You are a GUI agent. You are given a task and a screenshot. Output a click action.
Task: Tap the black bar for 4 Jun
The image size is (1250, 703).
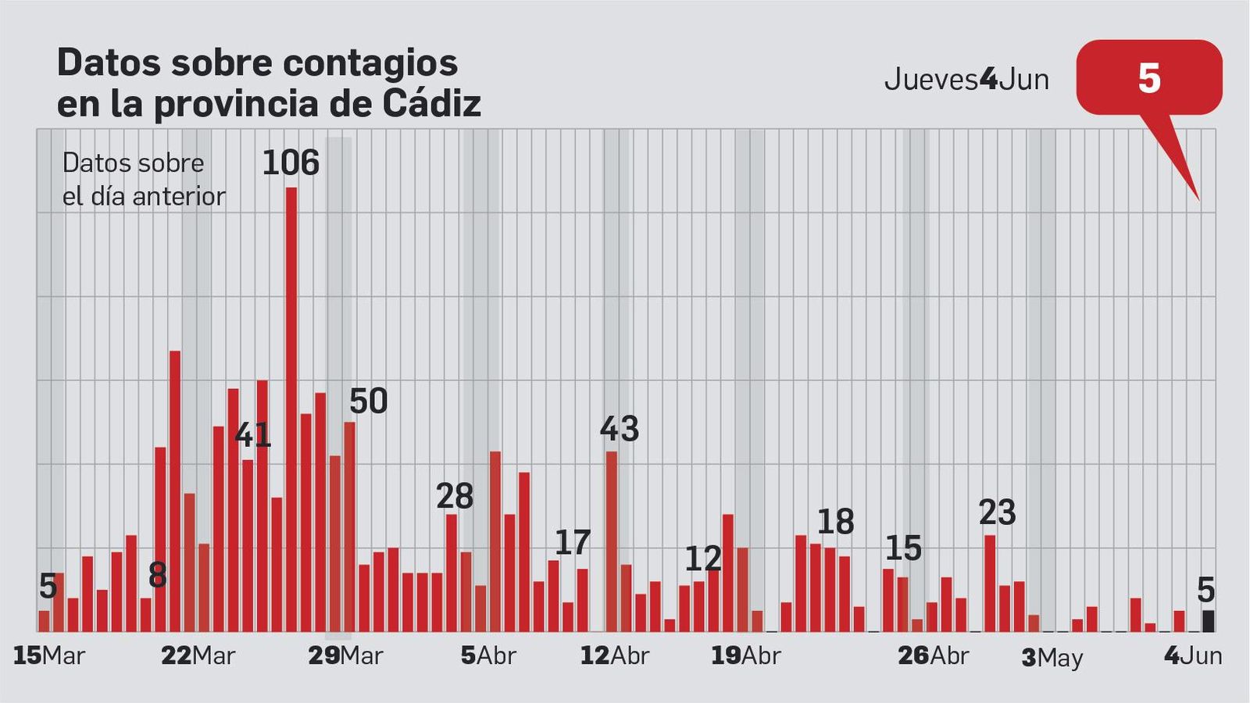[1208, 621]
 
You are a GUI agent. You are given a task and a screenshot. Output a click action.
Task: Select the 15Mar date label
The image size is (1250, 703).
[48, 655]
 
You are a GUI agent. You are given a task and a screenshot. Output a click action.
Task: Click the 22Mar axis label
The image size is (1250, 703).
[198, 655]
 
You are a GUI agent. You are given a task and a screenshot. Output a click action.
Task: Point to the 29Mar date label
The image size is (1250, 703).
[345, 655]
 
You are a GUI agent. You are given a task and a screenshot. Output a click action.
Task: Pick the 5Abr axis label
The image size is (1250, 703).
[488, 655]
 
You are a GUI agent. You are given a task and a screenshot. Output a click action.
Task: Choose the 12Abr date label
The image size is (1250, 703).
[615, 655]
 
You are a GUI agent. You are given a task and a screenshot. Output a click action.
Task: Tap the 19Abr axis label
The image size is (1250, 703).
[745, 655]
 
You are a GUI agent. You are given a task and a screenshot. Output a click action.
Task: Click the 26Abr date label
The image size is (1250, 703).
[933, 655]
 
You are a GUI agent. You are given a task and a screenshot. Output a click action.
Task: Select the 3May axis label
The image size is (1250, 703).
[1052, 658]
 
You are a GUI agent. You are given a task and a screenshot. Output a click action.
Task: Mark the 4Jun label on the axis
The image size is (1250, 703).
[1193, 655]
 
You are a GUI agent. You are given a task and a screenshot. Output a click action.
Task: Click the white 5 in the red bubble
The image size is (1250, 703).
[1148, 79]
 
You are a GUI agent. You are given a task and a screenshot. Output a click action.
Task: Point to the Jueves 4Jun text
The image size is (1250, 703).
[966, 80]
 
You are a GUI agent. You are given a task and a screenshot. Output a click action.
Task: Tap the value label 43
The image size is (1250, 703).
[620, 429]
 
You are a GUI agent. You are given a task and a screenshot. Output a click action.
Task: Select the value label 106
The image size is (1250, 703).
[291, 163]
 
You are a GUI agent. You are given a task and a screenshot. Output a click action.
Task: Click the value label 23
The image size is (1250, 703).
[997, 512]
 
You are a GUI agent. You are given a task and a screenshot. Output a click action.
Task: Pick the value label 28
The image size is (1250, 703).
[455, 496]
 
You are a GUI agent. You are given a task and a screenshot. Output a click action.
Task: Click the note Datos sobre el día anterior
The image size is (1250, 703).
[143, 180]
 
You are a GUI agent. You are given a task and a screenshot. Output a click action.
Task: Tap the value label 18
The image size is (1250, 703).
[835, 522]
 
